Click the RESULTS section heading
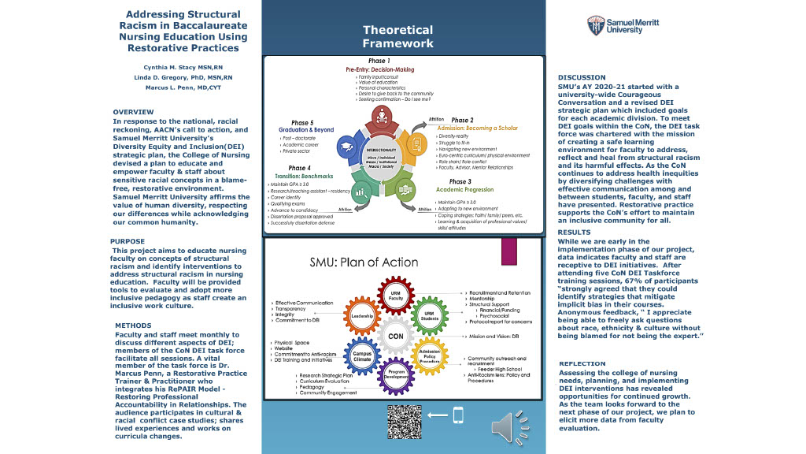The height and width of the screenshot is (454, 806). (x=574, y=233)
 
